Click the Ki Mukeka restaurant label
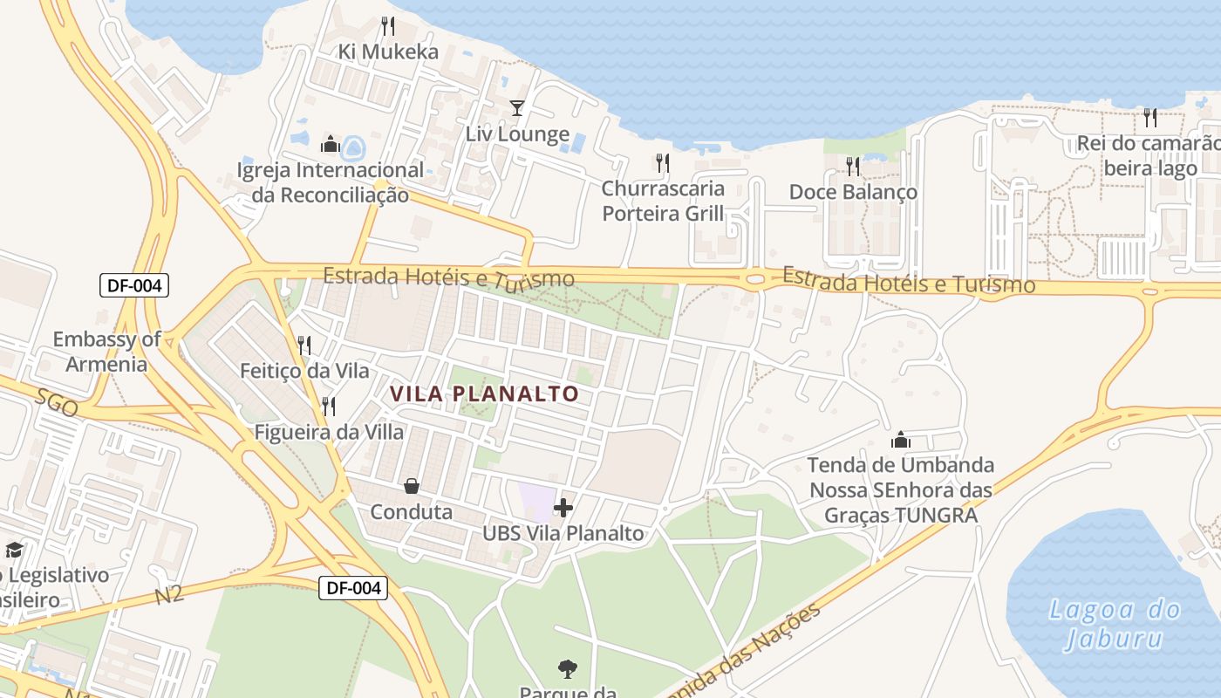click(388, 51)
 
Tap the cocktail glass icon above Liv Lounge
click(517, 107)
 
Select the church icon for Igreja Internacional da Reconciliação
click(331, 144)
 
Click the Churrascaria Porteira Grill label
click(663, 201)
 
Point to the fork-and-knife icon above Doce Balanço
click(852, 165)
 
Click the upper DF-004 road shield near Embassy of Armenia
click(133, 285)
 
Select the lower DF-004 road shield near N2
click(352, 588)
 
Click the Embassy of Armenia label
click(106, 352)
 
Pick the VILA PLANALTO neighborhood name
click(484, 394)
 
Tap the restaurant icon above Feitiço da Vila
click(304, 346)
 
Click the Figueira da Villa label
click(329, 432)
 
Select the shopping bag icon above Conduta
click(411, 486)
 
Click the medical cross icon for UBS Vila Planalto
click(563, 507)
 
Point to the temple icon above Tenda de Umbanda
click(901, 440)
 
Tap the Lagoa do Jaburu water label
click(1115, 623)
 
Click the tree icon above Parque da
click(567, 669)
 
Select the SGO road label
click(58, 402)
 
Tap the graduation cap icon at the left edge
click(14, 550)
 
